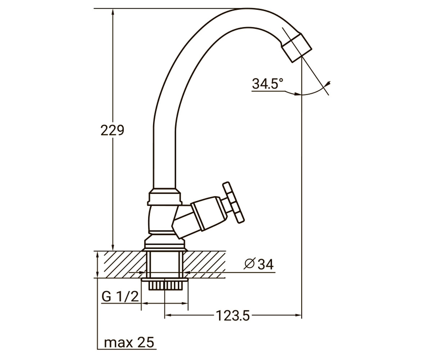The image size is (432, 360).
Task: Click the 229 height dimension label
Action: (112, 130)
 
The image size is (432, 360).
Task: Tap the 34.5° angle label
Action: (267, 84)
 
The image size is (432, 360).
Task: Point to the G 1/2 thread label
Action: (120, 297)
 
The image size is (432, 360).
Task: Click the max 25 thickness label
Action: (129, 342)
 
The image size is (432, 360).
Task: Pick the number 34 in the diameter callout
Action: (266, 264)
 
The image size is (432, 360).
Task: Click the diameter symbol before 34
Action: (250, 264)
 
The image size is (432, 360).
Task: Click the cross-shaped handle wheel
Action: (233, 203)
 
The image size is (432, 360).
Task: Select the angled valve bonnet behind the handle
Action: (207, 213)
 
